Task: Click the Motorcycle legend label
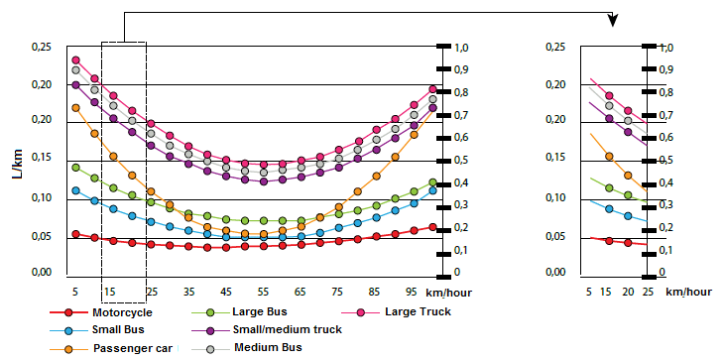click(x=122, y=312)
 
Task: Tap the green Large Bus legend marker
click(x=210, y=312)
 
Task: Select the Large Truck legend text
click(x=418, y=311)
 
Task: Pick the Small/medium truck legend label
click(x=288, y=329)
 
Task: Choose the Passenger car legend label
click(x=133, y=348)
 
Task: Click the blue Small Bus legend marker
click(x=68, y=330)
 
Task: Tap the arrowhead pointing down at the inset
click(x=613, y=21)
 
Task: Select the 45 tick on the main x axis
click(x=225, y=293)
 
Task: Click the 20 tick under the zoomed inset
click(x=628, y=293)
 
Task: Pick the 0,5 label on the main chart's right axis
click(x=460, y=160)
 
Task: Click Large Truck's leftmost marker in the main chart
click(x=75, y=60)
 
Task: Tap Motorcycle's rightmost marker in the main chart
click(x=432, y=227)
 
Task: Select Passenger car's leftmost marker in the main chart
click(x=75, y=108)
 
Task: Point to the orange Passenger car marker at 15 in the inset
click(x=609, y=157)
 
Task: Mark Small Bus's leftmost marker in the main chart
click(x=75, y=190)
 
